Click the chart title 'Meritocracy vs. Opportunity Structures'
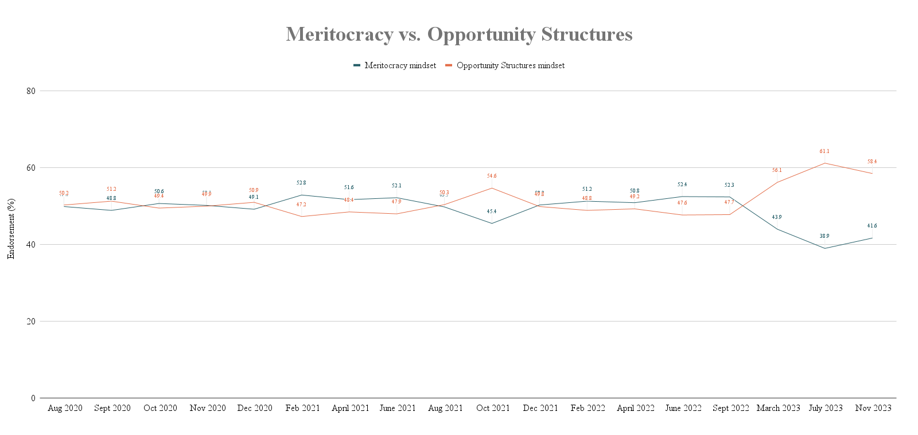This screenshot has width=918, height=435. (x=459, y=34)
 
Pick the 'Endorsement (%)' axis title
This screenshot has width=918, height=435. (x=11, y=229)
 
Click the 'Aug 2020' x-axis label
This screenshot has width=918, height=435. (x=65, y=408)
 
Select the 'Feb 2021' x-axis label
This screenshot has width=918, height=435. (x=303, y=408)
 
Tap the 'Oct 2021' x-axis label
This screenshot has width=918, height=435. (x=493, y=408)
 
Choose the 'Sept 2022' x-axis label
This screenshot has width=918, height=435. (x=730, y=408)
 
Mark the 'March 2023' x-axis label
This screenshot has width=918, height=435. (x=778, y=408)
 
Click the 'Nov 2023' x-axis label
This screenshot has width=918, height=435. (x=873, y=408)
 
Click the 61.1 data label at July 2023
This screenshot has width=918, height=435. (x=824, y=151)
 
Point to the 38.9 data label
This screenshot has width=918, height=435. (x=824, y=236)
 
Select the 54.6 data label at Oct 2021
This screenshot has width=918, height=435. (x=492, y=176)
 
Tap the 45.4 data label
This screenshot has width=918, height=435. (x=492, y=211)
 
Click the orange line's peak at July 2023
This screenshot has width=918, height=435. (x=825, y=163)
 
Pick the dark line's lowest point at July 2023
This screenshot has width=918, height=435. (x=825, y=248)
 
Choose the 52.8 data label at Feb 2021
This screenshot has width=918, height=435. (x=301, y=183)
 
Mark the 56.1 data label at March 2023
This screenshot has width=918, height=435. (x=777, y=170)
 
